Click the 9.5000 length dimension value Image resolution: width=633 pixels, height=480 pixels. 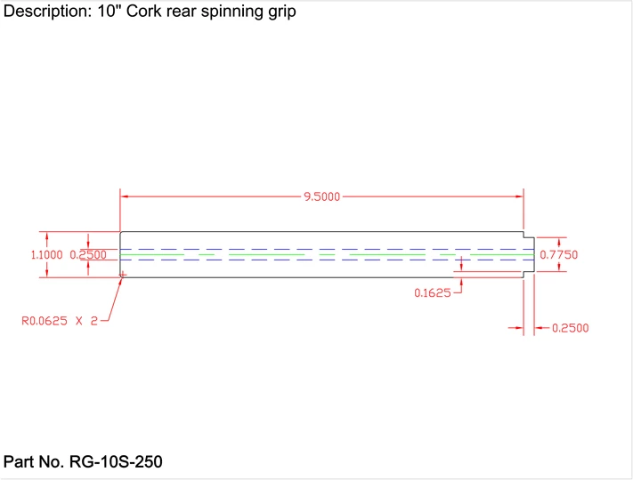point(321,196)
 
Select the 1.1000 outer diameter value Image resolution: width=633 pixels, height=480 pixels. point(46,255)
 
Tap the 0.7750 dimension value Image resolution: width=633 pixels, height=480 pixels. point(559,255)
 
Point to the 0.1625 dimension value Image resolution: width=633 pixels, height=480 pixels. point(433,293)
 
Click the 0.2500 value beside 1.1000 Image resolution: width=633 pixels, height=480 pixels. point(88,255)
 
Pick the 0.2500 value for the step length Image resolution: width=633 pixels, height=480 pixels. point(570,328)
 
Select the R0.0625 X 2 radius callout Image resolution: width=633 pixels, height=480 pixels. point(59,321)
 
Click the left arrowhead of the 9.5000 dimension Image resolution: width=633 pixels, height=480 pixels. point(126,196)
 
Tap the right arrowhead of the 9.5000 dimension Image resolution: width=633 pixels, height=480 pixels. point(519,196)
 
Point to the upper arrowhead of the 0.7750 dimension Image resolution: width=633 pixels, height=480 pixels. point(559,240)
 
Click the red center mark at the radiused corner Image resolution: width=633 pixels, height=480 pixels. point(124,275)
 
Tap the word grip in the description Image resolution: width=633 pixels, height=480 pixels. point(280,12)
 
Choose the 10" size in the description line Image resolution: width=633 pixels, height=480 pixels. point(106,12)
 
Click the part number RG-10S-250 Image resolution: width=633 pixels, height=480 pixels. point(116,462)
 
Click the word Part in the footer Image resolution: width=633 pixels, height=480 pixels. point(19,462)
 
